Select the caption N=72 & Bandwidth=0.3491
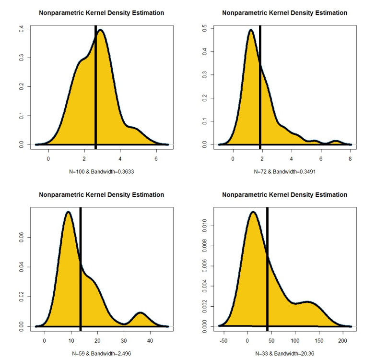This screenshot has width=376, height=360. point(284,171)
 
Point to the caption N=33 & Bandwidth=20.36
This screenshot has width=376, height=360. point(284,353)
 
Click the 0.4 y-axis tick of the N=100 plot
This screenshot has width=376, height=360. point(21,29)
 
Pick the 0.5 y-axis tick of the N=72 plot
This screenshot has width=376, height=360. point(204,29)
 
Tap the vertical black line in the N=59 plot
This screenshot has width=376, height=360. point(81,269)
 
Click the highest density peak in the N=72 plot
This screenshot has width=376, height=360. point(251,31)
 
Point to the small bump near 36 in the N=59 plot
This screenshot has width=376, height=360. point(141,313)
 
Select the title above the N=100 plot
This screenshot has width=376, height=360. point(101,13)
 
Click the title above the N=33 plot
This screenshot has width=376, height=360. point(284,195)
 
